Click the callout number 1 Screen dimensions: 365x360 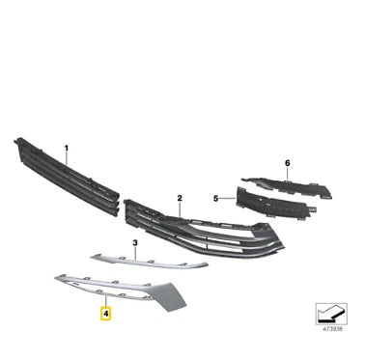click(x=67, y=149)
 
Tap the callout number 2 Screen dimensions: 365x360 click(x=180, y=197)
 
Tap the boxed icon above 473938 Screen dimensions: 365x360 click(x=333, y=318)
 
